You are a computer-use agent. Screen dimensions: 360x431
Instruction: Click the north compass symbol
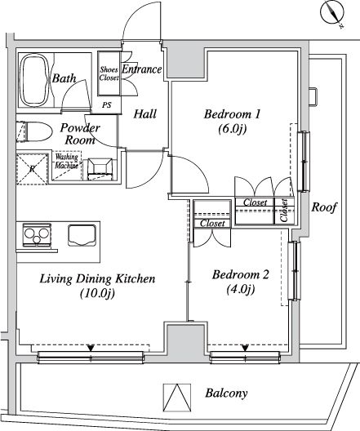(x=332, y=13)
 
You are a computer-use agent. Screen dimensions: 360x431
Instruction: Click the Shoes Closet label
(x=109, y=73)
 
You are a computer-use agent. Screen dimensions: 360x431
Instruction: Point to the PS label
(x=107, y=104)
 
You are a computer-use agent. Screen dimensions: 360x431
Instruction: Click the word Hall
(x=144, y=113)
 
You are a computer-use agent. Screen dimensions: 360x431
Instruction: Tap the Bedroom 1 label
(x=232, y=113)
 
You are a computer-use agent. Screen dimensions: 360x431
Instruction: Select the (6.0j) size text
(x=232, y=129)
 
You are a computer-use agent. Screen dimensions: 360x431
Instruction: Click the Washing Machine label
(x=67, y=161)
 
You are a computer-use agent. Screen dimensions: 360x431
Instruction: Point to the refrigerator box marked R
(x=32, y=169)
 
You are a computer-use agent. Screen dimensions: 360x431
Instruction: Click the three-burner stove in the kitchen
(x=37, y=235)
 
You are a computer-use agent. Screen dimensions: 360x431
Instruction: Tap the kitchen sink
(x=82, y=236)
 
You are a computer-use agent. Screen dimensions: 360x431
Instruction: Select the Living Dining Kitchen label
(x=98, y=278)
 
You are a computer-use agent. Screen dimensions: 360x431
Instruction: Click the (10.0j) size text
(x=98, y=294)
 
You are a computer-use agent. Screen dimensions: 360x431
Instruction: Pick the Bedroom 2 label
(x=240, y=274)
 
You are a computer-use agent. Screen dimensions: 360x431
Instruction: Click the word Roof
(x=324, y=207)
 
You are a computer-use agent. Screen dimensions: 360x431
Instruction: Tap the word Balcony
(x=226, y=393)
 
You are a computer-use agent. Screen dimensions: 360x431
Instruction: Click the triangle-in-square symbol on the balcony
(x=177, y=398)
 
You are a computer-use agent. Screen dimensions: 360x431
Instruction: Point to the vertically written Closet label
(x=284, y=210)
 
